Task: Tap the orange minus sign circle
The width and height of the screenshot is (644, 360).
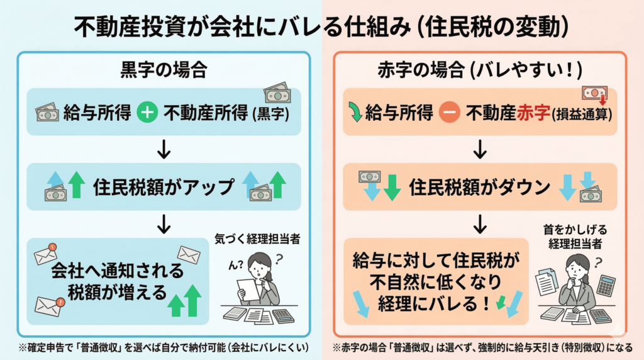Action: pyautogui.click(x=449, y=113)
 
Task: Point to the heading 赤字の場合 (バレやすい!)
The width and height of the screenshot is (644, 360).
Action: pyautogui.click(x=480, y=70)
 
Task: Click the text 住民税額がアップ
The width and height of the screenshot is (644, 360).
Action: pyautogui.click(x=164, y=187)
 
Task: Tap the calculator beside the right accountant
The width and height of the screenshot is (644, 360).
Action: pyautogui.click(x=606, y=286)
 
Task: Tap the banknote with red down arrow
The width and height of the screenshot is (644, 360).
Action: pyautogui.click(x=594, y=95)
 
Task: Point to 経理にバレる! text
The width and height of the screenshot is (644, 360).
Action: pyautogui.click(x=434, y=304)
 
